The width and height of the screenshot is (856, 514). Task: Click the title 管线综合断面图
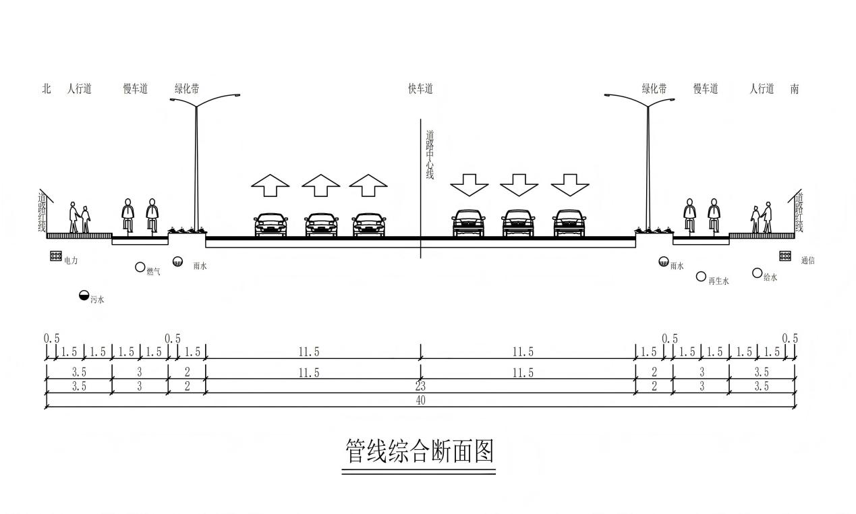click(x=420, y=451)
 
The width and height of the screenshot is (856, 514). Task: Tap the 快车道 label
click(x=420, y=89)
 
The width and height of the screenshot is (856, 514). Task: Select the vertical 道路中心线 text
click(x=430, y=154)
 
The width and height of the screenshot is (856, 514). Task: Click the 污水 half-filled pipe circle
click(x=84, y=295)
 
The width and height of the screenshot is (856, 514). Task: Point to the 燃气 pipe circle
click(x=140, y=267)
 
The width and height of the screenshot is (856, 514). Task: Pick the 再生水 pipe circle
click(x=701, y=277)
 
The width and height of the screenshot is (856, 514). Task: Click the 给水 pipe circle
click(x=757, y=273)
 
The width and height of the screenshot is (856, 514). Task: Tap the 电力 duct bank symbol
click(x=56, y=256)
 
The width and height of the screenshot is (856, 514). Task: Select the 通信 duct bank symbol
click(x=785, y=256)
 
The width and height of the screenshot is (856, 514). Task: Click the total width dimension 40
click(x=420, y=400)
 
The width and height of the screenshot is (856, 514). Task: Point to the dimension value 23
click(x=420, y=387)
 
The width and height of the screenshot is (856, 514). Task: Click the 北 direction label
click(x=47, y=89)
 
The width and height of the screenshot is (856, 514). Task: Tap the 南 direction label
click(x=795, y=89)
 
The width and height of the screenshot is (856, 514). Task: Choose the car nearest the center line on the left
click(x=369, y=225)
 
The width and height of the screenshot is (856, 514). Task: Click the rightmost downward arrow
click(x=570, y=185)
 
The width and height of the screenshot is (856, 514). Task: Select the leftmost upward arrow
click(x=270, y=185)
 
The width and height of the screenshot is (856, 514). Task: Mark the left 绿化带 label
click(x=187, y=89)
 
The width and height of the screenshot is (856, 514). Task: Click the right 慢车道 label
click(x=706, y=89)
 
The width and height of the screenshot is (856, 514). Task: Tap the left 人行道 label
click(x=80, y=89)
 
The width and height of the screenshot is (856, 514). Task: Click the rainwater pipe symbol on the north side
click(x=177, y=262)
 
